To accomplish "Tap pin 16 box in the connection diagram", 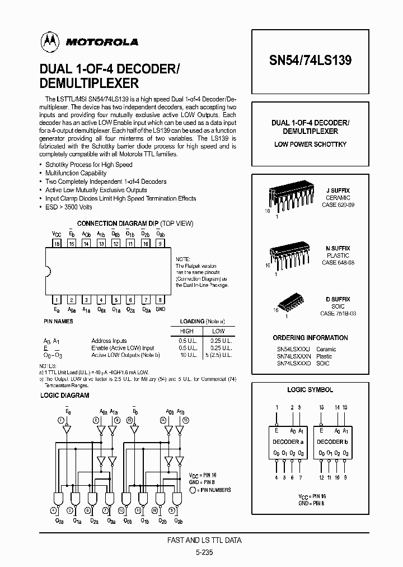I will tap(57, 244).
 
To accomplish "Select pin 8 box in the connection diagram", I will tap(161, 300).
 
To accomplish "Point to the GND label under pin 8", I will tap(161, 309).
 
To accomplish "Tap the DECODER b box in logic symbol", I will tap(332, 442).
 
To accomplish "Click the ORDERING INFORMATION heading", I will tap(310, 338).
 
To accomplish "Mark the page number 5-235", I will tap(205, 551).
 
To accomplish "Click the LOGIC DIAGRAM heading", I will tap(65, 395).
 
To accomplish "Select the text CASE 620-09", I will tap(338, 205).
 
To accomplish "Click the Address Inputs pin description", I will tap(109, 341).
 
